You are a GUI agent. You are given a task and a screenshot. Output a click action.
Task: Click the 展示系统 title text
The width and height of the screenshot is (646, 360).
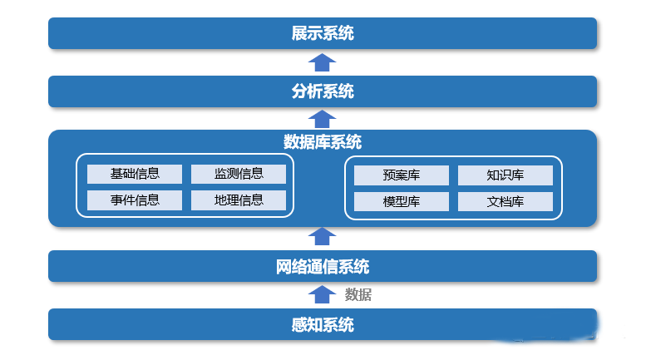tap(323, 33)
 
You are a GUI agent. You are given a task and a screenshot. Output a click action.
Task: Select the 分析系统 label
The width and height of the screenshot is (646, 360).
tap(323, 91)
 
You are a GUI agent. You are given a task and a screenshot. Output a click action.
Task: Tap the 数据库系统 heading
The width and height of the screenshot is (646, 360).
tap(323, 142)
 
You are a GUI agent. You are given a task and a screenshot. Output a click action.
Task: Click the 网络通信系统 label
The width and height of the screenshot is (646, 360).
tap(323, 267)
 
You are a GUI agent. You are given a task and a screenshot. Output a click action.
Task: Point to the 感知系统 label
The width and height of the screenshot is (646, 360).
tap(323, 325)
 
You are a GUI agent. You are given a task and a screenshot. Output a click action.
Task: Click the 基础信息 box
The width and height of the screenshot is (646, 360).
tap(135, 174)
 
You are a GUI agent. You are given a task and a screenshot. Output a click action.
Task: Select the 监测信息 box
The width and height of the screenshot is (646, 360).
tap(239, 174)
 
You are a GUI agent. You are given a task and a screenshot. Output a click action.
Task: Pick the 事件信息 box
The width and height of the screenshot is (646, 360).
tap(135, 200)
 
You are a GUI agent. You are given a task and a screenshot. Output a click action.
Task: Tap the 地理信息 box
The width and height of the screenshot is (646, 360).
tap(239, 200)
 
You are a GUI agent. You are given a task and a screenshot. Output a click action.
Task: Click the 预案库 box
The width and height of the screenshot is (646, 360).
tap(401, 175)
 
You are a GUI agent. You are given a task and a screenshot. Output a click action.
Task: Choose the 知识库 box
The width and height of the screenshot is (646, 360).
tap(505, 175)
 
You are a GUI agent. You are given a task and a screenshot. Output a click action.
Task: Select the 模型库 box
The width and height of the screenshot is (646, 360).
tap(401, 202)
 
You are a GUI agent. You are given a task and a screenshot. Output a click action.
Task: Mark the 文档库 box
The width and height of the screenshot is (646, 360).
tap(505, 202)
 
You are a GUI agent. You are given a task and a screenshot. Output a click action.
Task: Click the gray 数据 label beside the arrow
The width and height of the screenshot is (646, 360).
tap(358, 294)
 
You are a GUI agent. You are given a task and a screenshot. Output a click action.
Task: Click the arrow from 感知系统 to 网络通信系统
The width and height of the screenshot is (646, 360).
tap(322, 294)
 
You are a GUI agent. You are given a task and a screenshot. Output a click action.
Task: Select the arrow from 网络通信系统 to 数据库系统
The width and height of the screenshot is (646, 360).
tap(322, 236)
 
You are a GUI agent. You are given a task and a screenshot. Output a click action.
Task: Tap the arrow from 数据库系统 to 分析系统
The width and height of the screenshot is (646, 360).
tap(322, 119)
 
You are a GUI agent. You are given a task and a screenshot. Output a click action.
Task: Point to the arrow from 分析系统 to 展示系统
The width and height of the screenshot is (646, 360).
tap(322, 62)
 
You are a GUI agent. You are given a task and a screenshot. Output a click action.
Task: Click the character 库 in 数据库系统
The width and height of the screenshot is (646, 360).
tap(323, 142)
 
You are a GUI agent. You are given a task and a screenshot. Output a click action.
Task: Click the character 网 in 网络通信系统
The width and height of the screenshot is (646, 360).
tap(284, 267)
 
